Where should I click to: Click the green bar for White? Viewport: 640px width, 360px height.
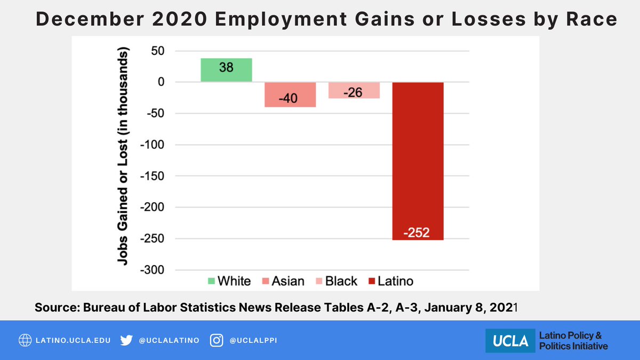click(226, 70)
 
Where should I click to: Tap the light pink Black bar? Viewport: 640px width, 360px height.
click(354, 91)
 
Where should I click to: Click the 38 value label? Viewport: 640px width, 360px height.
click(226, 68)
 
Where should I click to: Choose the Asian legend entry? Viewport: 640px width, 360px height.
click(284, 281)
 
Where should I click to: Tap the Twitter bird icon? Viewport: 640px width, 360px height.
click(126, 340)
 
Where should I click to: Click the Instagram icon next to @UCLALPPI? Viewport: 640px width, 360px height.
click(216, 340)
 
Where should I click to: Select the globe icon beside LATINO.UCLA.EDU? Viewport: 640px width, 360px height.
click(25, 340)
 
